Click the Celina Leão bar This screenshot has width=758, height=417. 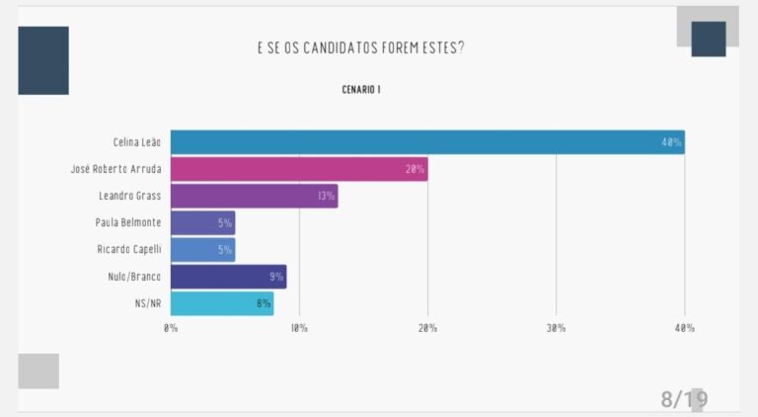427,142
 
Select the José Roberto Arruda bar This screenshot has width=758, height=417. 299,169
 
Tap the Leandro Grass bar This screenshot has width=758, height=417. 255,196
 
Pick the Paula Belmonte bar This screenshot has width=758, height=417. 202,222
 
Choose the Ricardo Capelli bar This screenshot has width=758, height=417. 202,249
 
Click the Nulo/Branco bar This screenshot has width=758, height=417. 228,277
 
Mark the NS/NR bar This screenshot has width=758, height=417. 222,303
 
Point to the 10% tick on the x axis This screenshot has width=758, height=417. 299,328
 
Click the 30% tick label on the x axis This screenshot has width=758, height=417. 556,328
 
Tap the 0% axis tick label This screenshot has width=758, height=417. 171,328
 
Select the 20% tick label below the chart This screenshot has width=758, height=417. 427,328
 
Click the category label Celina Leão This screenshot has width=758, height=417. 136,142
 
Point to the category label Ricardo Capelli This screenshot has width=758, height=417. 128,249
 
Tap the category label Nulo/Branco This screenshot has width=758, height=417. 134,277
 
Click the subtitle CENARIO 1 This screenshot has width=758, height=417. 361,90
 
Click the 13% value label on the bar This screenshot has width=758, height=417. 326,196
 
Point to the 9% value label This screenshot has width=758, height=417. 276,277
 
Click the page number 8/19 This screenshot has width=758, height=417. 684,399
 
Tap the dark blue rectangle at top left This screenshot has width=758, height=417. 43,60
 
